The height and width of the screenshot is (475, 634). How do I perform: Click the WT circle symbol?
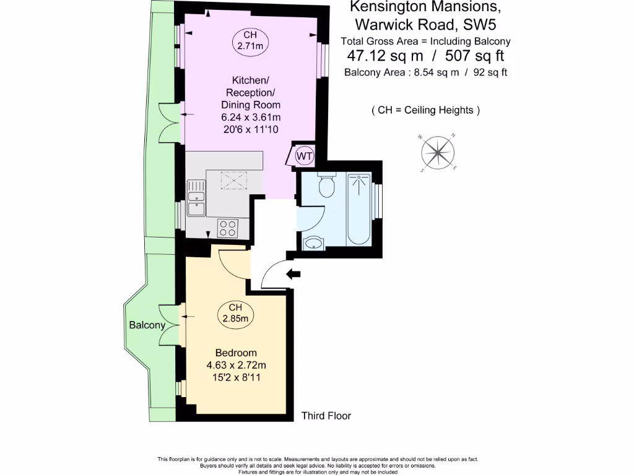coord(305,155)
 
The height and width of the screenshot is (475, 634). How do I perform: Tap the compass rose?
coord(437,152)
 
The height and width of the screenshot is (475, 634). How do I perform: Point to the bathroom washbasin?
coord(314,242)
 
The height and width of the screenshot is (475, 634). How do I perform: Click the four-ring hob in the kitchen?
coord(228,228)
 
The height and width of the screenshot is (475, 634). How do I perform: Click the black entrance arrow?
coord(292,274)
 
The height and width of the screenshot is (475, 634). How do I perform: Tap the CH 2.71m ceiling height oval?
coord(246,40)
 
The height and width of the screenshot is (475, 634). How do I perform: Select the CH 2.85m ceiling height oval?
coord(235,314)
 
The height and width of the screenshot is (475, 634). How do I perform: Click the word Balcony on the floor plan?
coord(147,325)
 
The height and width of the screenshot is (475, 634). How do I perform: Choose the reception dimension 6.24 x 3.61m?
coord(251,118)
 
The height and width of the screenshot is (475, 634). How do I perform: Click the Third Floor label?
coord(326,416)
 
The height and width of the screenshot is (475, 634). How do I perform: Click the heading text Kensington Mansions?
coord(425,7)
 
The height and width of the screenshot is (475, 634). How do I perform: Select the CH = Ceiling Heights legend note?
coord(426,111)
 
